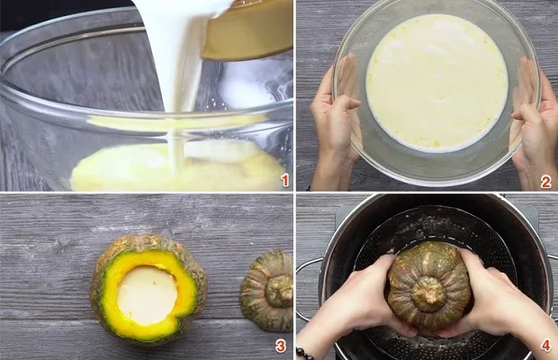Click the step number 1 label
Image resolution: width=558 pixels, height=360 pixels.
pyautogui.click(x=285, y=180)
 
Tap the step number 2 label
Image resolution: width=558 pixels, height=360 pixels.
pyautogui.click(x=545, y=181)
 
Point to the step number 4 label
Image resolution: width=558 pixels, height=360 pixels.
pyautogui.click(x=545, y=346)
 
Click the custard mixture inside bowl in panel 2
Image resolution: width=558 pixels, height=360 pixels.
pyautogui.click(x=436, y=81)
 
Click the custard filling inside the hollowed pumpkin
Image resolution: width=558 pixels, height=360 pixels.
pyautogui.click(x=148, y=293)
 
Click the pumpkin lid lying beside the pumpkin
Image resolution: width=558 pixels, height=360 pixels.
pyautogui.click(x=268, y=290)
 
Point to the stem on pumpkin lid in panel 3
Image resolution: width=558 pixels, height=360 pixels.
pyautogui.click(x=280, y=289)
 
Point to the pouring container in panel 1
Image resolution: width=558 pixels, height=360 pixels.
pyautogui.click(x=247, y=27)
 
